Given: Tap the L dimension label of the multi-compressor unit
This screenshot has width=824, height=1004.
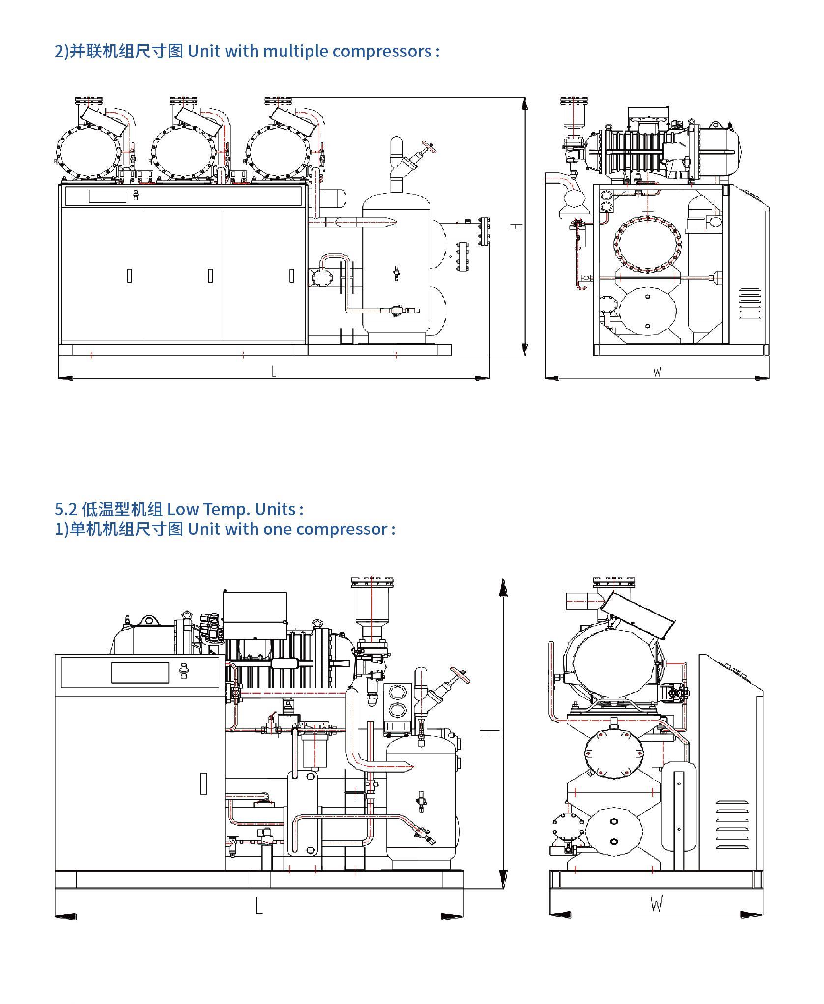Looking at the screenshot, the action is (x=274, y=372).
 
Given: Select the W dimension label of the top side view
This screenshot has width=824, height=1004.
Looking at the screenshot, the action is (x=657, y=372).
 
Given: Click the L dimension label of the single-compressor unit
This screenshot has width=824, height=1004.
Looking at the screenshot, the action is (x=259, y=905).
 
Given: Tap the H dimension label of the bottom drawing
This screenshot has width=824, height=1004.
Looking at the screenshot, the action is (x=489, y=733).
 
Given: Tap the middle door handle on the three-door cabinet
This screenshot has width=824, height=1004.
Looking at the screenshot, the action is (x=210, y=276).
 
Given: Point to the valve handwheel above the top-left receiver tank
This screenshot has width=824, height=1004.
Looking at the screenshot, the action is (x=431, y=147).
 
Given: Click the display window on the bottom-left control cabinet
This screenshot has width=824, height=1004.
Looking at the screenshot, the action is (x=140, y=672).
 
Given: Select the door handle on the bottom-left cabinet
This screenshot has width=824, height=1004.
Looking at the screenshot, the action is (x=204, y=783).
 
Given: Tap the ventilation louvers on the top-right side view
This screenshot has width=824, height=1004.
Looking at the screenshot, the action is (x=750, y=304).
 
